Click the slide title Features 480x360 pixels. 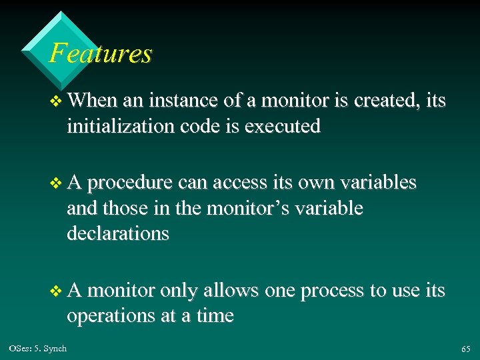(x=101, y=53)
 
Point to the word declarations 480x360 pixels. (x=118, y=234)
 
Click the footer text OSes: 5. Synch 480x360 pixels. (x=38, y=349)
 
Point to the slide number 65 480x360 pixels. (x=465, y=349)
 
